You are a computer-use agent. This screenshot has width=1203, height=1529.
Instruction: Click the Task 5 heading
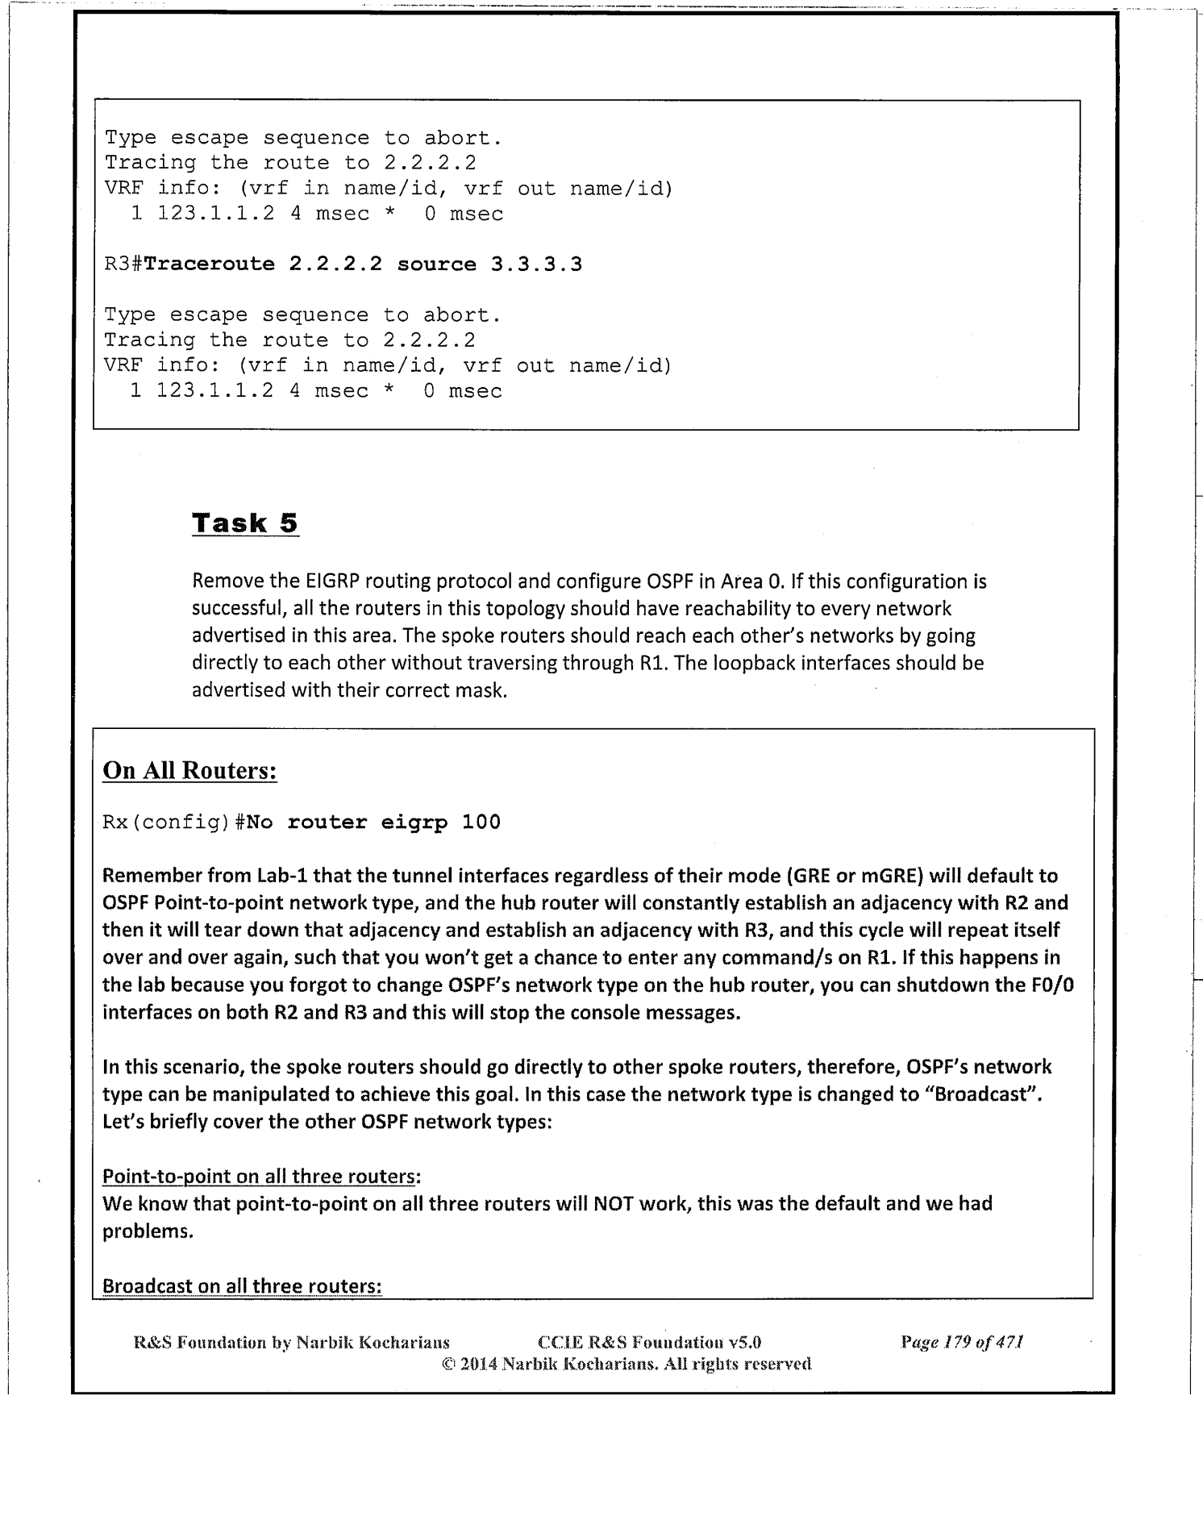tap(245, 523)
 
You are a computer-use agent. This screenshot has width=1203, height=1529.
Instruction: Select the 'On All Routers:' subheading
tap(189, 770)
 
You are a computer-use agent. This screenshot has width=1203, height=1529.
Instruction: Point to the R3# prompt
tap(123, 265)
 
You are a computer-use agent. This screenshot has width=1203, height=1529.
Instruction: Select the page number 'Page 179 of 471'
tap(962, 1343)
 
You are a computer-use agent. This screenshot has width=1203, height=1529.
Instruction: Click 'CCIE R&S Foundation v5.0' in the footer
tap(649, 1343)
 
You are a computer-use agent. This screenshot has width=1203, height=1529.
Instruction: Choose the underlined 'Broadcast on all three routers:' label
tap(242, 1285)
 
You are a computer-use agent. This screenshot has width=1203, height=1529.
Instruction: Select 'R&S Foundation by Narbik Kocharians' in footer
tap(291, 1343)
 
